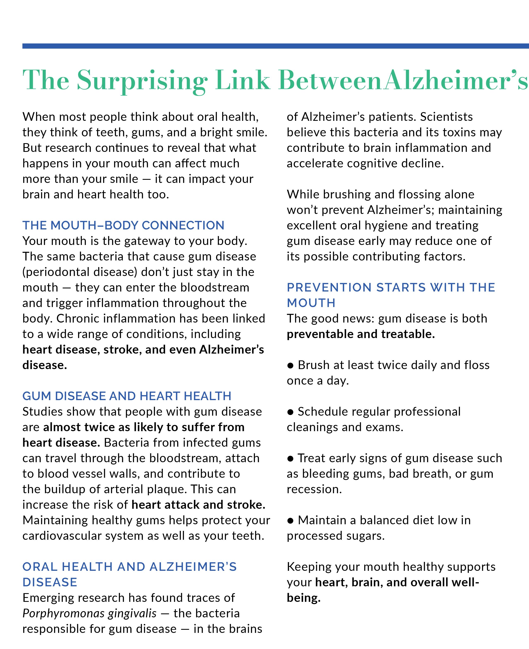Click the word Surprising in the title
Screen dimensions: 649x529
(x=142, y=80)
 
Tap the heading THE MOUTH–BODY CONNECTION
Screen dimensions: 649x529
(x=123, y=225)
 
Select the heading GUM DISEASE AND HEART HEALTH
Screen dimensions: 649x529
(x=127, y=396)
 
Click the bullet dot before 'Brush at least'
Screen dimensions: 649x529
(x=290, y=366)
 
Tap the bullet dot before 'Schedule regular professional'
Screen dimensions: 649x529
(x=290, y=412)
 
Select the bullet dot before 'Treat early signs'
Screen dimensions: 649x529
(x=290, y=458)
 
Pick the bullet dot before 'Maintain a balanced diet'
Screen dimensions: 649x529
(x=290, y=521)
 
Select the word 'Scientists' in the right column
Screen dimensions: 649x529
(x=446, y=117)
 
